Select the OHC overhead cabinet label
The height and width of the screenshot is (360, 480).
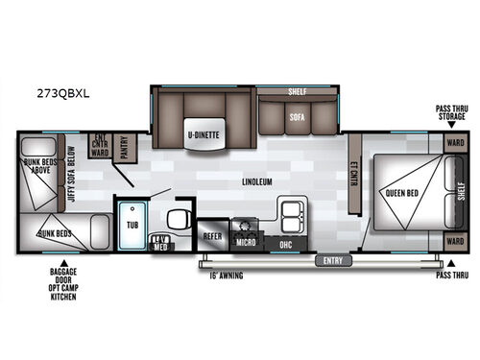(x=284, y=242)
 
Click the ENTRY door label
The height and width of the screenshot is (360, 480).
(x=332, y=259)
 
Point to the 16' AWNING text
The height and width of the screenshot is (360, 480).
(x=222, y=276)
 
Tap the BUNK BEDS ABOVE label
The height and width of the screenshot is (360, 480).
(x=37, y=176)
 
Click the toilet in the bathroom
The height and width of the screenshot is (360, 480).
(x=177, y=218)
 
